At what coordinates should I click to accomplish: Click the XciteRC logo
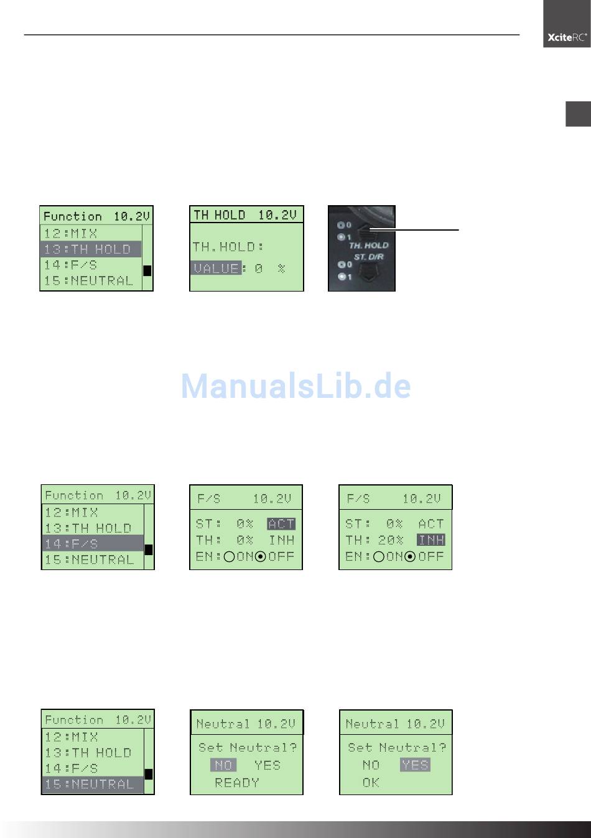pos(567,37)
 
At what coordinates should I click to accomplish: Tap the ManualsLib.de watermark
pos(296,386)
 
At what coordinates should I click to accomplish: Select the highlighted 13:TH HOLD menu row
pos(91,249)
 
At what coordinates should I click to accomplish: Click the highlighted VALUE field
pos(216,269)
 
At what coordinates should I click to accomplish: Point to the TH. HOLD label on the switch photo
pos(368,246)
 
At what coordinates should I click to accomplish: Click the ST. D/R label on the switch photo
pos(368,256)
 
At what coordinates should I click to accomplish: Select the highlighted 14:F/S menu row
pos(92,543)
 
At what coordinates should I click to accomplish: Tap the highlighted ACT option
pos(281,524)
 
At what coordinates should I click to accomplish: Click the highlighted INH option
pos(430,540)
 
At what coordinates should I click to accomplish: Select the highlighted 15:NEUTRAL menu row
pos(92,784)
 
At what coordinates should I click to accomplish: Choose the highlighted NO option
pos(223,765)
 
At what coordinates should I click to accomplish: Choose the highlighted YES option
pos(415,765)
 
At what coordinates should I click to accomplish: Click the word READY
pos(237,783)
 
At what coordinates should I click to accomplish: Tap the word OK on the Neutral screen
pos(371,783)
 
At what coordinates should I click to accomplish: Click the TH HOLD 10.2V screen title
pos(246,215)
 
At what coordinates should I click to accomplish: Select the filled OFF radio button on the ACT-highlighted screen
pos(261,556)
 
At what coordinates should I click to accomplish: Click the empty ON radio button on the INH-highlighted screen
pos(378,556)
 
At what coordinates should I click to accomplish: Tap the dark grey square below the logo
pos(578,114)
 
